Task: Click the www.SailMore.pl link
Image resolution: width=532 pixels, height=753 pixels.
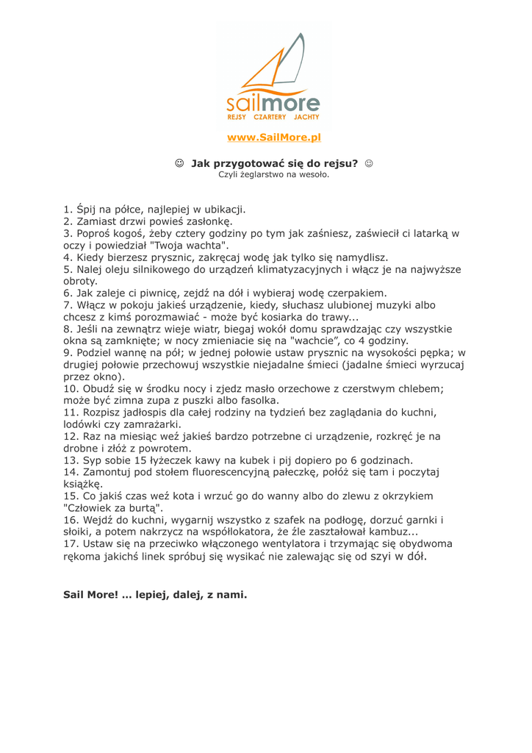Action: tap(274, 138)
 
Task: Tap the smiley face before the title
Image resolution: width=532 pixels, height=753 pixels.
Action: tap(179, 163)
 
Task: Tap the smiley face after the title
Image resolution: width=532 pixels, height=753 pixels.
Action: tap(369, 163)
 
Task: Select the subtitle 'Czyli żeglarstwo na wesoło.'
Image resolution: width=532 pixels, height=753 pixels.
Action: tap(273, 175)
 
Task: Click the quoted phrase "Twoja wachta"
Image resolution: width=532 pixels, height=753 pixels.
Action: tap(190, 245)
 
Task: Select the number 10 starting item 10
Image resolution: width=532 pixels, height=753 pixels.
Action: tap(71, 388)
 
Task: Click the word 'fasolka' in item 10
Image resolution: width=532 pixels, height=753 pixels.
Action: tap(256, 401)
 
